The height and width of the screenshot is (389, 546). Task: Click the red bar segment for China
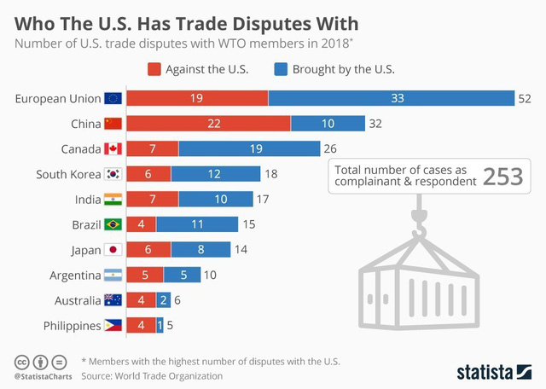208,124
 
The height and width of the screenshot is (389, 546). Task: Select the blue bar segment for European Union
391,99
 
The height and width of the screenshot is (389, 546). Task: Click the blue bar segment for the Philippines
160,325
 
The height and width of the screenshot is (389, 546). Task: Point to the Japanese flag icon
113,250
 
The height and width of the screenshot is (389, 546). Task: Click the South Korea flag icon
113,174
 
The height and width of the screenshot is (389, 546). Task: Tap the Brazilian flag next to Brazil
113,224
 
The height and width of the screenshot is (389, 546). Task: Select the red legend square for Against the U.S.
154,69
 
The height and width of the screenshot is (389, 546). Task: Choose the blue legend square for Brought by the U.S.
281,69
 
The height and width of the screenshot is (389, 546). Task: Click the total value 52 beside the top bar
524,99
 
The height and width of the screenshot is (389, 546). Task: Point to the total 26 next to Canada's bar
331,149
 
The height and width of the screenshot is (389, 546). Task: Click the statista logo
494,371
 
